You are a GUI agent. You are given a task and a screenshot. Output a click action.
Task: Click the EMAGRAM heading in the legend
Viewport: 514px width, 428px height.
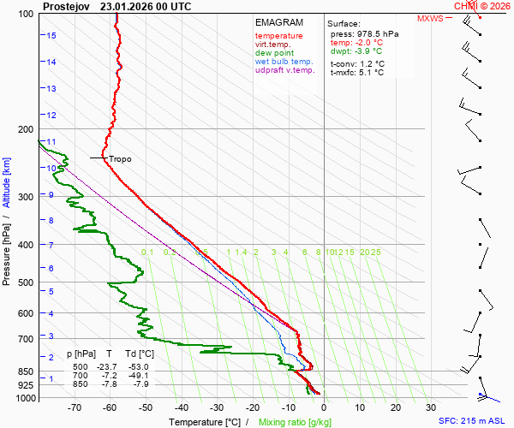tap(278, 22)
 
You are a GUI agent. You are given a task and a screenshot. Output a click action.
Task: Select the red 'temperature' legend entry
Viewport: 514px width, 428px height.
tap(278, 36)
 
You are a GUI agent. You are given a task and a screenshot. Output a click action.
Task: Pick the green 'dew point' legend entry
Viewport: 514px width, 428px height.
tap(274, 53)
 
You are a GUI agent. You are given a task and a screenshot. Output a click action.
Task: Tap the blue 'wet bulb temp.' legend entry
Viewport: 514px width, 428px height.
tap(284, 62)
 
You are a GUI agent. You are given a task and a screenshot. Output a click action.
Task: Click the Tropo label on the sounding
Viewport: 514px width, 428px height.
tap(120, 159)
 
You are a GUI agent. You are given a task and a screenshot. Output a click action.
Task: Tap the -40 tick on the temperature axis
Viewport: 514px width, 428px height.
tap(181, 407)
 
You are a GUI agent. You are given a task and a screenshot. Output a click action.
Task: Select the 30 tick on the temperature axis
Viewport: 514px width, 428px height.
tap(431, 407)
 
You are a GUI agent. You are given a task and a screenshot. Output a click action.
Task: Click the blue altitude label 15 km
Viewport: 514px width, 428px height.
tap(51, 35)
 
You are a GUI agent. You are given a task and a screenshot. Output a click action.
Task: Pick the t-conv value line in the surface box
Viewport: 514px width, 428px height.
tap(357, 63)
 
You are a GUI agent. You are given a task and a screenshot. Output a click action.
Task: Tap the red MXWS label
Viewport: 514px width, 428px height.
tap(431, 18)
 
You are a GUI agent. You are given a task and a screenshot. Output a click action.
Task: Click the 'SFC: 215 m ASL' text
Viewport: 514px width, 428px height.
tap(473, 421)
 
